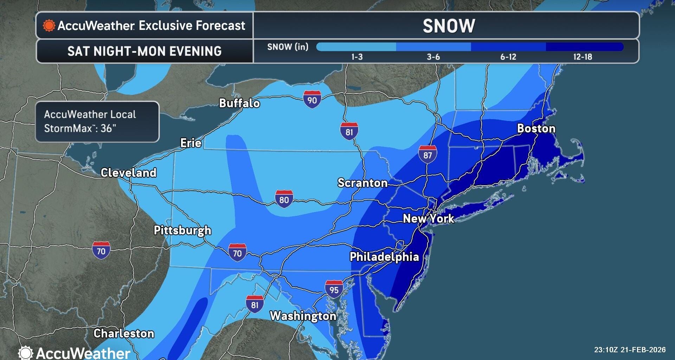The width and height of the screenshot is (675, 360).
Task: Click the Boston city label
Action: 536,129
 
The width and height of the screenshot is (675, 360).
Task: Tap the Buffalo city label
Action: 239,103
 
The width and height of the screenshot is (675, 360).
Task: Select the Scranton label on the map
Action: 362,183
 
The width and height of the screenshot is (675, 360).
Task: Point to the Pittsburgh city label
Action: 182,230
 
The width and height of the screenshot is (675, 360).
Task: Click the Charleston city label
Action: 124,333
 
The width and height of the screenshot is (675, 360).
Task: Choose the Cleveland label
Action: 128,173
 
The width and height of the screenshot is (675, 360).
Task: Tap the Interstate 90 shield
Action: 312,99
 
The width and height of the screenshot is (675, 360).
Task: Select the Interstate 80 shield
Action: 284,199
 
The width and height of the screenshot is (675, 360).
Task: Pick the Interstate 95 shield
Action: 334,289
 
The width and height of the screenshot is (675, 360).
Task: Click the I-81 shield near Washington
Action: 255,304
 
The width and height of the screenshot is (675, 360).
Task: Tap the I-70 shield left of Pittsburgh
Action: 101,250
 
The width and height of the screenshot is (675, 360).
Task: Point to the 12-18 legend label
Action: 583,57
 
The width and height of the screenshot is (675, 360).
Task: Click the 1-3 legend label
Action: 357,57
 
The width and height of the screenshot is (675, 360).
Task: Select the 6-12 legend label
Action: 508,57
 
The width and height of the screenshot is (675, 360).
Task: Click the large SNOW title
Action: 449,26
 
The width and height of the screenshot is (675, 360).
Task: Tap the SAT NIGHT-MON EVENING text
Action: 144,51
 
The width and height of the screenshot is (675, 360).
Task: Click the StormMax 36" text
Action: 80,128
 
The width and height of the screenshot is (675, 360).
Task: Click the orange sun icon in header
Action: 49,26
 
